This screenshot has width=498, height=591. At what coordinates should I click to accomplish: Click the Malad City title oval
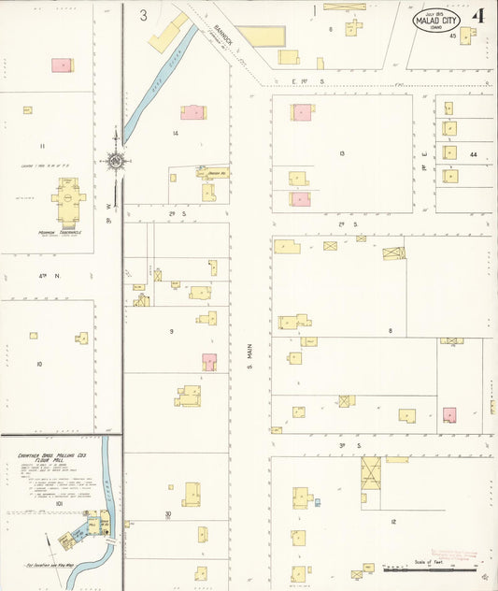(x=437, y=19)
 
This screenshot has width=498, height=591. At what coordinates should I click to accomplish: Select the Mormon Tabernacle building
(x=67, y=199)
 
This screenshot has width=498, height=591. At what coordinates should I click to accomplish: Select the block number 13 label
(x=342, y=152)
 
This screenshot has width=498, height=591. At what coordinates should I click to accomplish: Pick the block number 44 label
(x=474, y=153)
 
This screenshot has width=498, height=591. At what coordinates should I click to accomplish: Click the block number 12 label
(x=393, y=521)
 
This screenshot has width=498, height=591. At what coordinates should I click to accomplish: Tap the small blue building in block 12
(x=317, y=502)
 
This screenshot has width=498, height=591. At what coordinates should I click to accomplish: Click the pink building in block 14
(x=192, y=112)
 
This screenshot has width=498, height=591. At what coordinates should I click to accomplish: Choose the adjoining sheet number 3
(x=144, y=15)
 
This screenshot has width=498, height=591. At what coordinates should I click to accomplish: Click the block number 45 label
(x=453, y=36)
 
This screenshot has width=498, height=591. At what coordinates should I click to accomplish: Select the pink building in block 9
(x=209, y=361)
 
